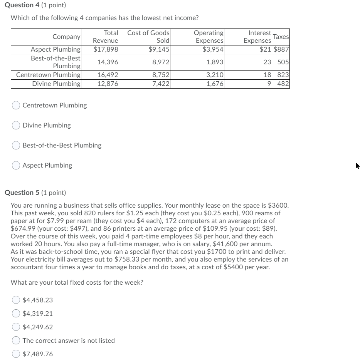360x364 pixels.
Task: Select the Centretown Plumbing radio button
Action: pyautogui.click(x=16, y=105)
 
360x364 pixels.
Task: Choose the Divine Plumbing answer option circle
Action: pyautogui.click(x=16, y=125)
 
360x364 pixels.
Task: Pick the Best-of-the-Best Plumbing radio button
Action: pyautogui.click(x=16, y=145)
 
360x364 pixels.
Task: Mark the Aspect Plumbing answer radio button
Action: pyautogui.click(x=16, y=165)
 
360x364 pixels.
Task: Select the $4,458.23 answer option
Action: pyautogui.click(x=16, y=300)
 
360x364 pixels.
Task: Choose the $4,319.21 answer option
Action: pyautogui.click(x=16, y=314)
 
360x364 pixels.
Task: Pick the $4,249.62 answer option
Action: pyautogui.click(x=16, y=327)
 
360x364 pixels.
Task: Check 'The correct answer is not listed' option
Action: pyautogui.click(x=16, y=341)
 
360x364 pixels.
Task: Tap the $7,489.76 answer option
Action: pyautogui.click(x=16, y=354)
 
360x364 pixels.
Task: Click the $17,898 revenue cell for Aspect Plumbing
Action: pyautogui.click(x=106, y=49)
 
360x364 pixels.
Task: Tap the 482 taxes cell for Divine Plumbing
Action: pyautogui.click(x=283, y=84)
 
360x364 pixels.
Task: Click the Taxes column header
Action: pyautogui.click(x=281, y=37)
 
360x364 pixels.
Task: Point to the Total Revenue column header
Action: pyautogui.click(x=106, y=37)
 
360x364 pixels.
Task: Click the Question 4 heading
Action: pyautogui.click(x=34, y=5)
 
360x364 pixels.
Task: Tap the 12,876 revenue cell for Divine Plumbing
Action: pyautogui.click(x=107, y=84)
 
